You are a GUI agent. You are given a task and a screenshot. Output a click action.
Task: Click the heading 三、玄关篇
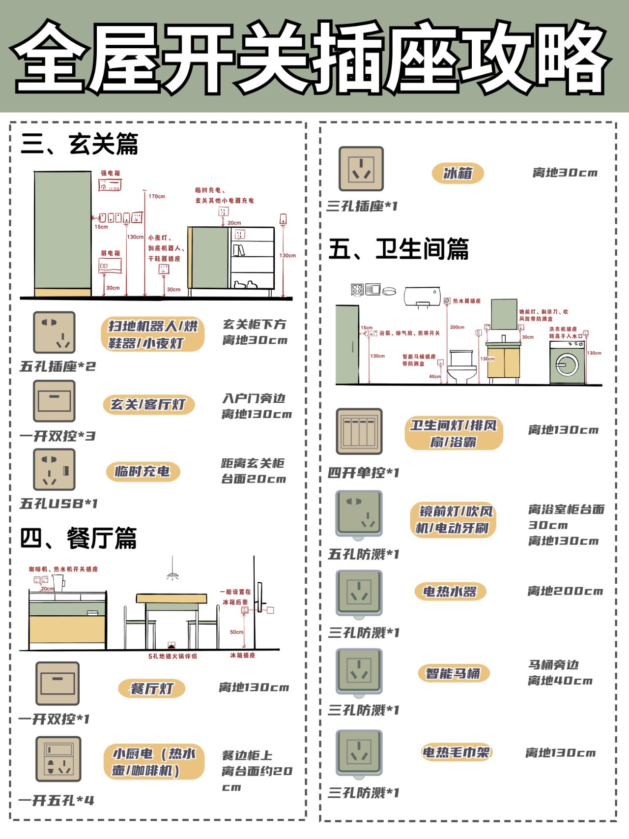(79, 144)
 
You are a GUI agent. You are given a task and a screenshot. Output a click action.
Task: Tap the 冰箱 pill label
(457, 173)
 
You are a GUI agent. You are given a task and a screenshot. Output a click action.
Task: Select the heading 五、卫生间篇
(398, 249)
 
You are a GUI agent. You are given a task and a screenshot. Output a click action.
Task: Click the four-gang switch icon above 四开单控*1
(359, 431)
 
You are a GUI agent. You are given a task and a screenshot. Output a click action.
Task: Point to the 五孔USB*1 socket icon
(54, 470)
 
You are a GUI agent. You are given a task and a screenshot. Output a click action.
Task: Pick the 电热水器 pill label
(450, 591)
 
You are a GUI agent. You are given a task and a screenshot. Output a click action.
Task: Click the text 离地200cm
(565, 591)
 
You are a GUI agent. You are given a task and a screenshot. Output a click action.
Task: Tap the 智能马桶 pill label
(453, 673)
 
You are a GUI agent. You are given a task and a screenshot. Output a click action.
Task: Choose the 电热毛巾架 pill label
(456, 752)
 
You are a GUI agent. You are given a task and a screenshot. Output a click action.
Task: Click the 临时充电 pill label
(143, 471)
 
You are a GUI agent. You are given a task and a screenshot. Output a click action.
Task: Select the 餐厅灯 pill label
(151, 688)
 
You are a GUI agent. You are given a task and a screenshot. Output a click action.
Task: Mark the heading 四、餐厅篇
(78, 538)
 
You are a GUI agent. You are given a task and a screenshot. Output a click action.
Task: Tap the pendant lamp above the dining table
(172, 574)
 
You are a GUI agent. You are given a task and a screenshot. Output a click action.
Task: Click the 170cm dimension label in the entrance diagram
(157, 196)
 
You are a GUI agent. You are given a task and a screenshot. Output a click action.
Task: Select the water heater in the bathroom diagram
(422, 297)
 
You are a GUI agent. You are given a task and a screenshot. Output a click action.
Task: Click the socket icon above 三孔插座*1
(361, 169)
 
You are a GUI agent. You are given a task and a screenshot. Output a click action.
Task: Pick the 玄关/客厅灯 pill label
(148, 404)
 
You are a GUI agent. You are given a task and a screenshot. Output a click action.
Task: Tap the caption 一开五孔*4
(56, 801)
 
